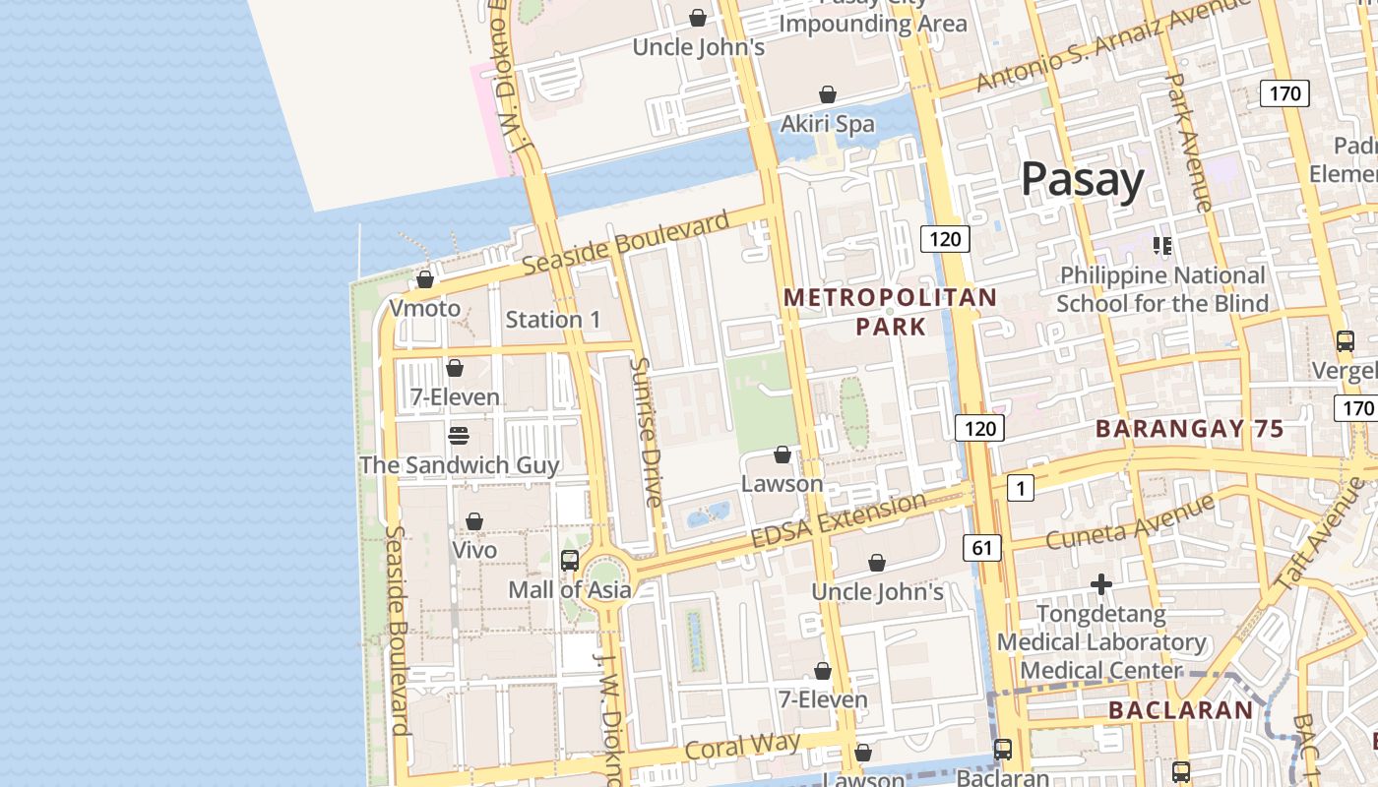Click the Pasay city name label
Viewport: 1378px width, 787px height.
1082,180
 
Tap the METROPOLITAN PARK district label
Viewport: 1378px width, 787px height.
890,311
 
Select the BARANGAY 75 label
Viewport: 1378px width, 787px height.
1189,429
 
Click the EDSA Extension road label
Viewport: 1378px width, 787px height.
838,520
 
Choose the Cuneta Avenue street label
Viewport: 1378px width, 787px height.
1130,522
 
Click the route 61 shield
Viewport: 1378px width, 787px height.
982,548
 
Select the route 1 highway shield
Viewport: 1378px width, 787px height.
1021,487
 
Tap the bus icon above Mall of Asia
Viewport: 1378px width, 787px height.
569,561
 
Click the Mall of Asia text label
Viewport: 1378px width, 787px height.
569,590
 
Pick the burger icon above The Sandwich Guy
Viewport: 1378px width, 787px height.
458,435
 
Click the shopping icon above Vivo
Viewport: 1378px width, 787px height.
473,521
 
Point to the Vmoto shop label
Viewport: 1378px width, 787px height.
424,309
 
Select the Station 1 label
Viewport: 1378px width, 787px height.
552,320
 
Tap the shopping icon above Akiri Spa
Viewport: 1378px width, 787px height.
828,94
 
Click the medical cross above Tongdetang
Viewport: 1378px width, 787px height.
1100,585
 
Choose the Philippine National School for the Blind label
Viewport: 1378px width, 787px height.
1162,289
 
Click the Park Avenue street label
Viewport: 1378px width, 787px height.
1188,142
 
